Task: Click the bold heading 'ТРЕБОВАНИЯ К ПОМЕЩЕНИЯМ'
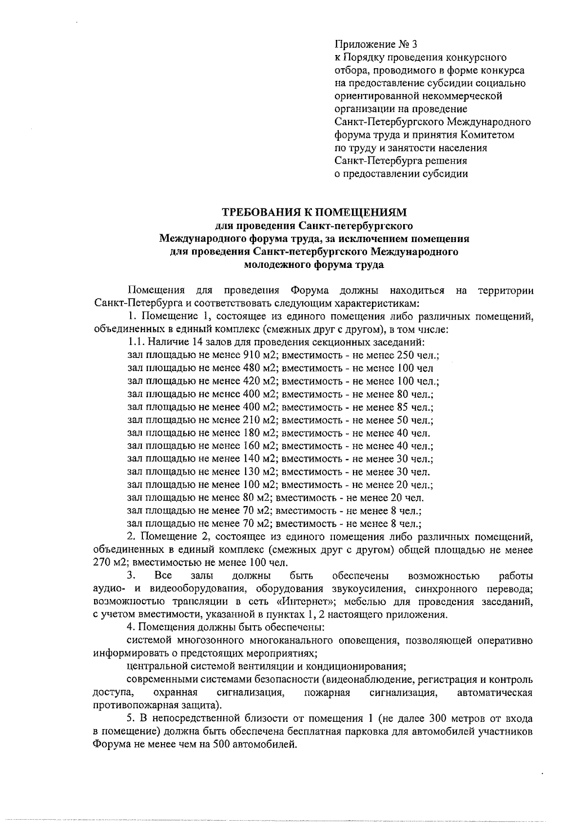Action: click(314, 213)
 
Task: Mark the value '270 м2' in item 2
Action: click(110, 563)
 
